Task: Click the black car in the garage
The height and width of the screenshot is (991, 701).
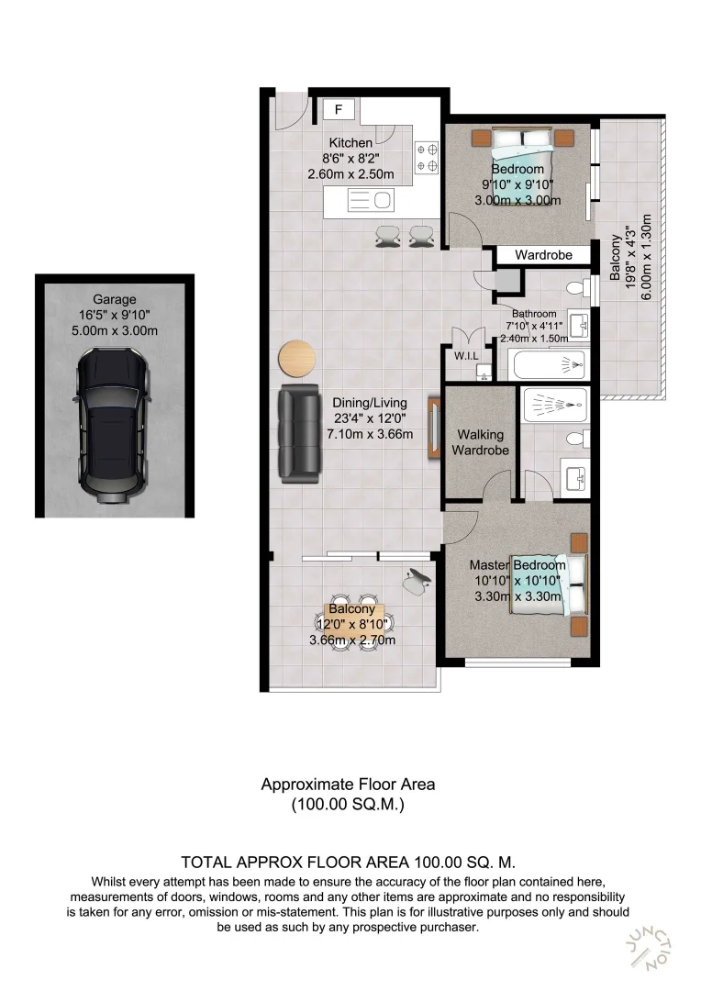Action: (113, 428)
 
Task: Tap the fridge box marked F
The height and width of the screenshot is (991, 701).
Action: (339, 110)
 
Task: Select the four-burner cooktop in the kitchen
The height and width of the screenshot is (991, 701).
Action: (428, 157)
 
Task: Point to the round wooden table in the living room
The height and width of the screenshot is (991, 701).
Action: (297, 359)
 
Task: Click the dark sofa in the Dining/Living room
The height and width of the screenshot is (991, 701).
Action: (297, 434)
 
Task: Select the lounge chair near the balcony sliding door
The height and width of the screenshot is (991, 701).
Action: (417, 579)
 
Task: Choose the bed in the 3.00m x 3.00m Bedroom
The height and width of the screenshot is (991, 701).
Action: (523, 167)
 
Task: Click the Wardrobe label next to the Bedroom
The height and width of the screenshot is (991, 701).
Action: (543, 254)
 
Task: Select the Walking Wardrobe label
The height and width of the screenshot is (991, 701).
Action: (477, 442)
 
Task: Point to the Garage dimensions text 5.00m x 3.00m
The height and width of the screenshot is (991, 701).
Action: (115, 330)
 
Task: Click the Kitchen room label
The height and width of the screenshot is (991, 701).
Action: (350, 142)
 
